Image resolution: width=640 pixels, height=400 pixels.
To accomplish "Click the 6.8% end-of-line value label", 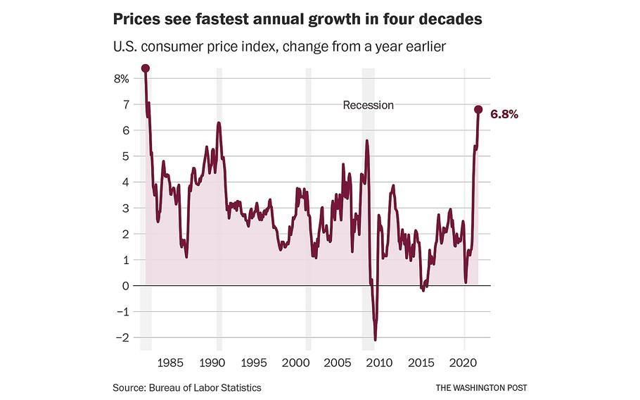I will [504, 114].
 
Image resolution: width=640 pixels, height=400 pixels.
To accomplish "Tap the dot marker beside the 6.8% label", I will [478, 110].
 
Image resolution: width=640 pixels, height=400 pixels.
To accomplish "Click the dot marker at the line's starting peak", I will [146, 68].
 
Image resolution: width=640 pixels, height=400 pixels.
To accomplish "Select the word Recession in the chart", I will [368, 105].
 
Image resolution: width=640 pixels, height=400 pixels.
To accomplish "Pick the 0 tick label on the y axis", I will [126, 286].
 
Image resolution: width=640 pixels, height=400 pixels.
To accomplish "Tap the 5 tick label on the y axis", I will [126, 156].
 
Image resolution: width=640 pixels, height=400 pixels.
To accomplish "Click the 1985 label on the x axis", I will [170, 363].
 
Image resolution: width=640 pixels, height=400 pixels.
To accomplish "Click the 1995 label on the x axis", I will [254, 363].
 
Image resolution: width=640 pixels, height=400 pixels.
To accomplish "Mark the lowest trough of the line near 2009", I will [376, 339].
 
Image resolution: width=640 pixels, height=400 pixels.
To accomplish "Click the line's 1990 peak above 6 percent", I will [219, 124].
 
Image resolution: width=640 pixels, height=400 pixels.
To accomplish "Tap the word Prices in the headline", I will [136, 20].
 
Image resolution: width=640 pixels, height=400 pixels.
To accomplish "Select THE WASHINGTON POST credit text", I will [481, 388].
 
